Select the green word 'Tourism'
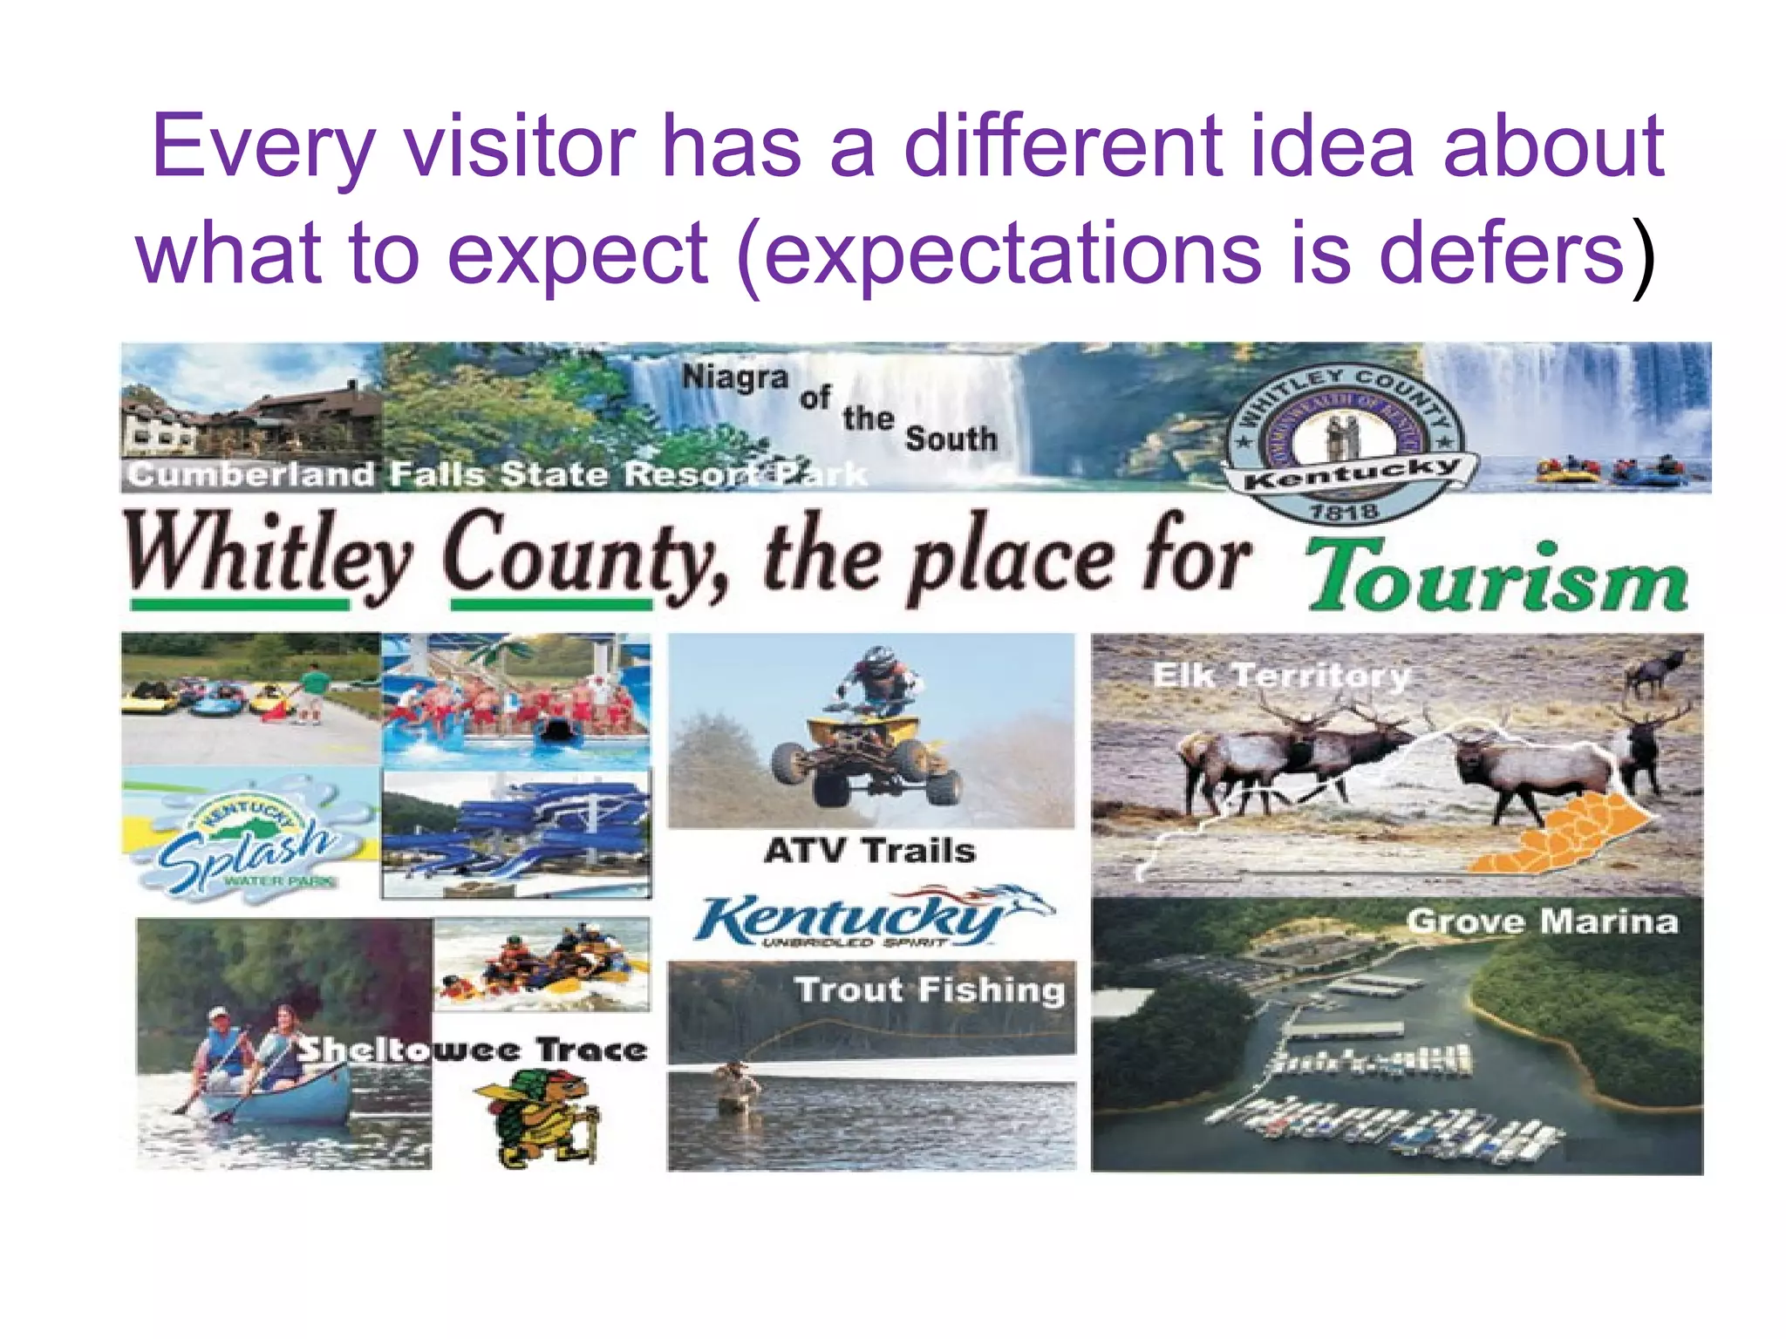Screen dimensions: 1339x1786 (1496, 578)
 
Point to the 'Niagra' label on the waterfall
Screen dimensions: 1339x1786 (734, 377)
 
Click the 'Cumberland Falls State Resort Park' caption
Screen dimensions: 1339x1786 (497, 474)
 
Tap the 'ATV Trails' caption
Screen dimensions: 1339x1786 (869, 850)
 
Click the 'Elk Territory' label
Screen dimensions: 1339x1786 (1280, 676)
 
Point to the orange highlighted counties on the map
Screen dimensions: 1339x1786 (1561, 837)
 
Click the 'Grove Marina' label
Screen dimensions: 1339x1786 (1542, 921)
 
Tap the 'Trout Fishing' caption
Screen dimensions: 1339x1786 (930, 989)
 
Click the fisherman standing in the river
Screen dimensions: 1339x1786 (736, 1086)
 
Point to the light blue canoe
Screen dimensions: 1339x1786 (279, 1100)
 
